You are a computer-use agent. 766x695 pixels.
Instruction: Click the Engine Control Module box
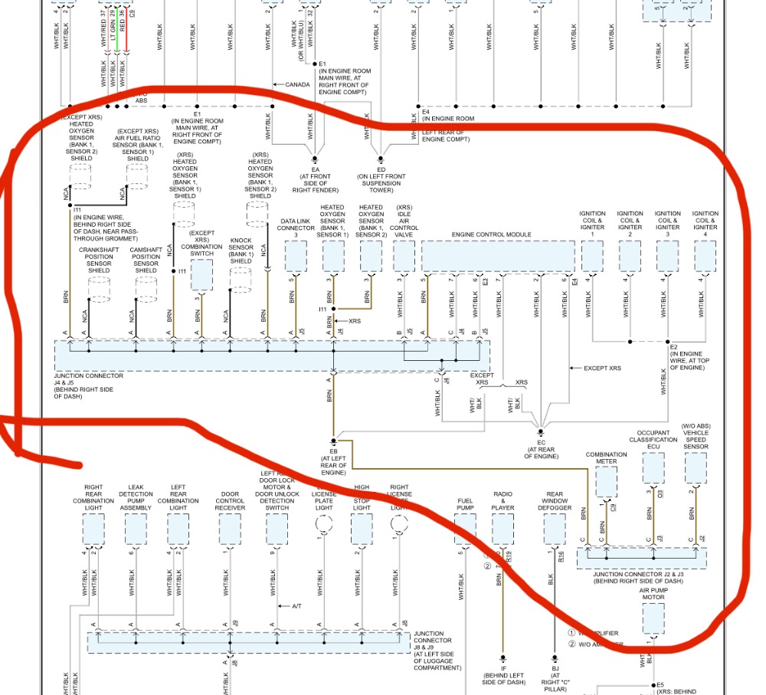coord(497,256)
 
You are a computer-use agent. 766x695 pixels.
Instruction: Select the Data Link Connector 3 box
coord(296,256)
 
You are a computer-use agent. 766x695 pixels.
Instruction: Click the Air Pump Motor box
coord(653,618)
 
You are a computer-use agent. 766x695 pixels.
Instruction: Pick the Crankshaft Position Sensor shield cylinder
coord(99,288)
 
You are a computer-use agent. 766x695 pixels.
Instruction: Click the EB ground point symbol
coord(333,442)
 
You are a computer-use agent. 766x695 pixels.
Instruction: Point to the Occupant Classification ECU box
coord(653,467)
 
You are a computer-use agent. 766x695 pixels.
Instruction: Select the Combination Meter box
coord(606,481)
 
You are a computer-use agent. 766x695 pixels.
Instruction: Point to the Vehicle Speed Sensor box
coord(696,467)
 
